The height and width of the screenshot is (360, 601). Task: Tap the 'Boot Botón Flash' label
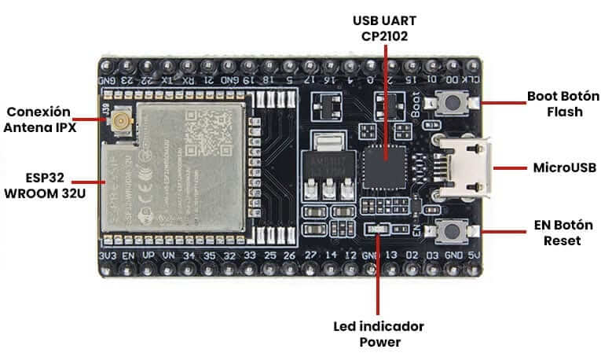tap(563, 104)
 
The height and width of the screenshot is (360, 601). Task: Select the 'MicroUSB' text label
tap(564, 167)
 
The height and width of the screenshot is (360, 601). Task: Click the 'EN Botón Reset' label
tap(563, 233)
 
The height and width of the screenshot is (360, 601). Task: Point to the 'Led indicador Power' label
tap(380, 333)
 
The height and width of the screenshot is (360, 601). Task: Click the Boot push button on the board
tap(454, 103)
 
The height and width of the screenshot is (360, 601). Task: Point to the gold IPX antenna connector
tap(122, 120)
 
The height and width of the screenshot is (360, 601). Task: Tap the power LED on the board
tap(379, 230)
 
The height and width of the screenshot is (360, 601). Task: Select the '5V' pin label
tap(471, 256)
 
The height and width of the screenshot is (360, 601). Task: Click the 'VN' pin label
tap(167, 256)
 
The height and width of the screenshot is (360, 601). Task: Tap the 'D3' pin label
tap(431, 256)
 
